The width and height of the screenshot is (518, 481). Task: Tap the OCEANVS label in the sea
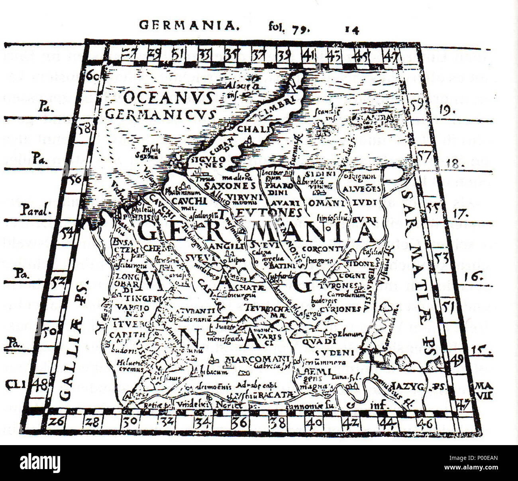(169, 98)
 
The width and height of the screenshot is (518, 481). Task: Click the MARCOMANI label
(257, 359)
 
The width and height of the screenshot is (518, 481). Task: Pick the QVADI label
(319, 341)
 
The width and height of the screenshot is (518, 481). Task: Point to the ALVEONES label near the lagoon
(362, 189)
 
